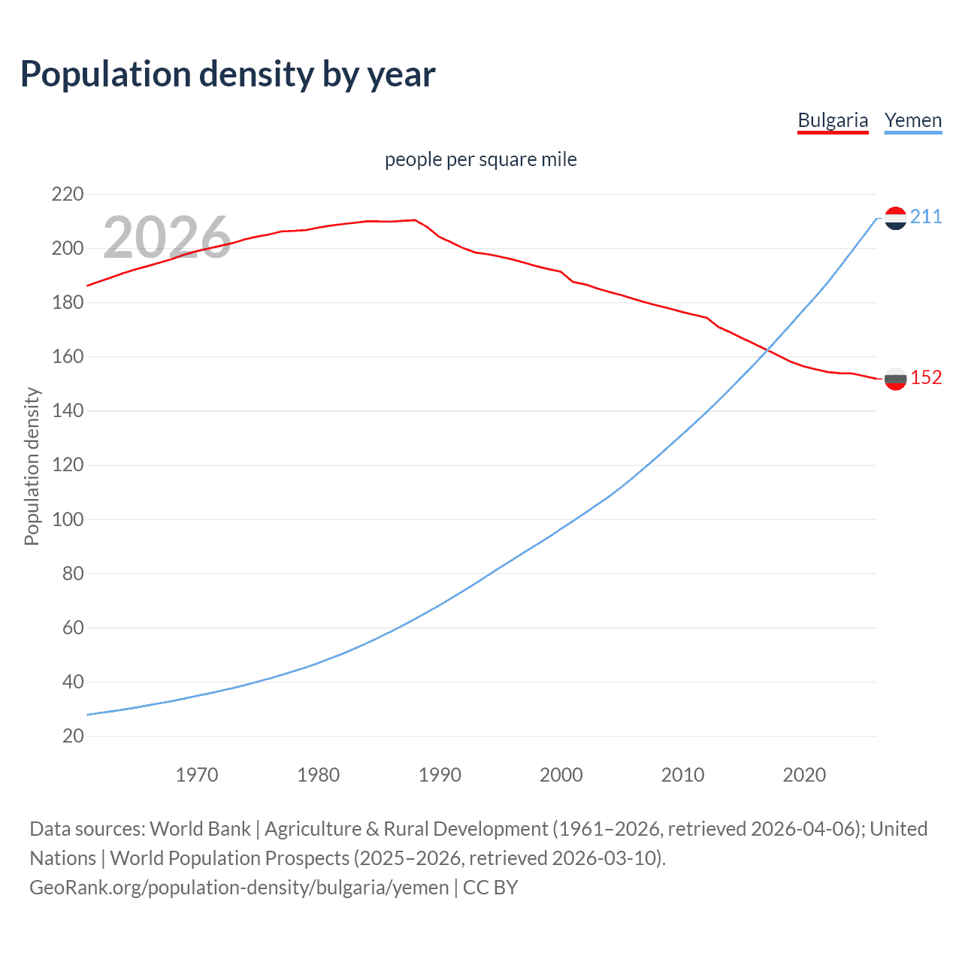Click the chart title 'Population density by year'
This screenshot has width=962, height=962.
click(x=228, y=74)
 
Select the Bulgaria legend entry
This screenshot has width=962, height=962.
click(x=832, y=120)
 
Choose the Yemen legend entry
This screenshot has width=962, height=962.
click(x=912, y=120)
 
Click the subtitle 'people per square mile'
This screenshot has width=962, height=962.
click(x=480, y=159)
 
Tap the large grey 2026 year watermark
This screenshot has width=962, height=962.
click(x=167, y=237)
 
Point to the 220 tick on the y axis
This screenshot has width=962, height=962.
click(x=68, y=195)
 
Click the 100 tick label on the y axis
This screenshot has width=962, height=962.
click(x=68, y=519)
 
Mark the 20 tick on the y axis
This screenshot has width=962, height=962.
click(x=73, y=736)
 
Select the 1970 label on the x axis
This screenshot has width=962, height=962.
click(x=197, y=775)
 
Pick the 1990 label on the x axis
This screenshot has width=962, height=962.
click(x=440, y=775)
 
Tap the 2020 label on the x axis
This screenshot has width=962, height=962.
click(x=804, y=775)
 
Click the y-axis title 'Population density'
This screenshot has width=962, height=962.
click(x=32, y=466)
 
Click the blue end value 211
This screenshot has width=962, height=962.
click(x=926, y=217)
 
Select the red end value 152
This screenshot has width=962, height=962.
click(x=926, y=377)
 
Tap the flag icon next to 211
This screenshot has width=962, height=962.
click(x=895, y=218)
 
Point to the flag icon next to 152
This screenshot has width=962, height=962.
click(x=895, y=379)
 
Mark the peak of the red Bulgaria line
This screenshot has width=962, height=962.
click(x=414, y=219)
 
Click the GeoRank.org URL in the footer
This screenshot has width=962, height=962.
click(x=239, y=888)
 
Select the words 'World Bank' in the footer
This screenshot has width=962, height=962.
click(x=200, y=829)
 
